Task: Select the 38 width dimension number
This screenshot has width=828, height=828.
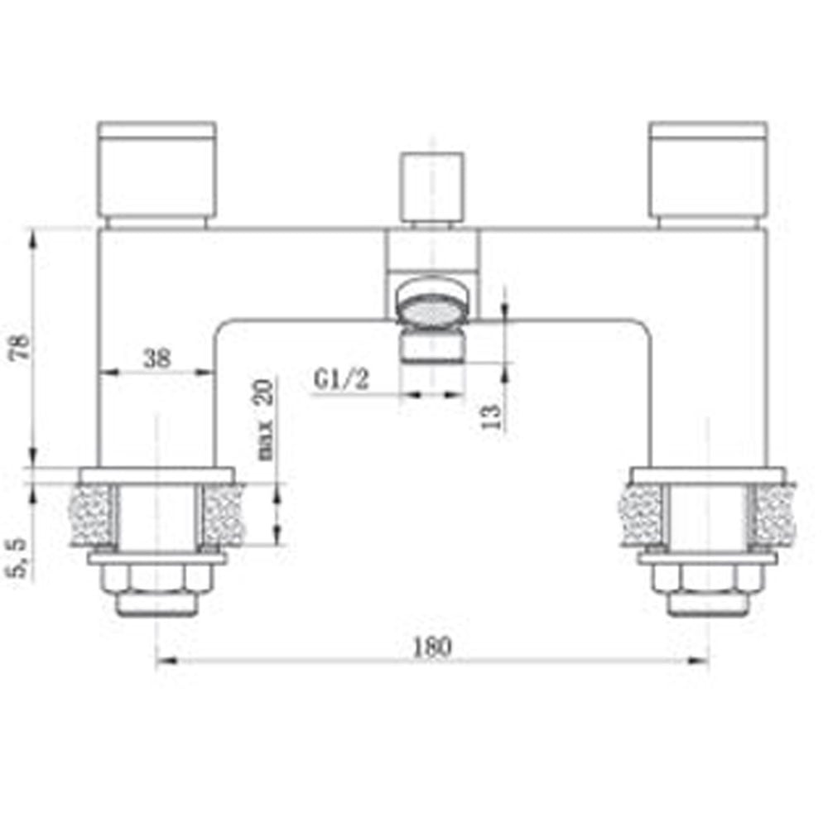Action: point(156,358)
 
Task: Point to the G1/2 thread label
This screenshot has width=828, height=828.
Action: point(341,380)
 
